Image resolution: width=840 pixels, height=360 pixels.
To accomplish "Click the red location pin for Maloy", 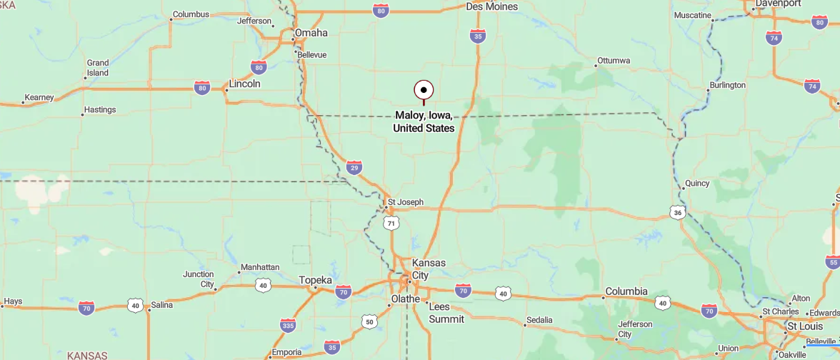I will click(x=424, y=90).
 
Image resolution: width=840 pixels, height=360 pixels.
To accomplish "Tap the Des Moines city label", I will click(x=491, y=6).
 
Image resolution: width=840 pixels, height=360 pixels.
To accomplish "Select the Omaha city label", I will click(x=311, y=33).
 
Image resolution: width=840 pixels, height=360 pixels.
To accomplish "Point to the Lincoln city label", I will click(x=244, y=84).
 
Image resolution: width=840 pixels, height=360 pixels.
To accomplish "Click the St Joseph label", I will click(x=405, y=202).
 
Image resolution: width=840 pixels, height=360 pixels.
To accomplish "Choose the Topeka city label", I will click(x=316, y=280).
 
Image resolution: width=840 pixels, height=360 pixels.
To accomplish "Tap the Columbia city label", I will click(x=626, y=291).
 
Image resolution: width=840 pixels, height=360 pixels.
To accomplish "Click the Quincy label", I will click(x=697, y=184).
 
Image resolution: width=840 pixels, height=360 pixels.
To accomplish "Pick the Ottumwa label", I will click(x=614, y=61).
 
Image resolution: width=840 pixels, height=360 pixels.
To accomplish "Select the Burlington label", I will click(x=727, y=85).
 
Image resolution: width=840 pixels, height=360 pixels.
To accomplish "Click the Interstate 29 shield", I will click(x=354, y=167).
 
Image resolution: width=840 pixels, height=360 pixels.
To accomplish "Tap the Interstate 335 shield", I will click(x=288, y=325).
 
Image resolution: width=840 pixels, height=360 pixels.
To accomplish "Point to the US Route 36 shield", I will click(x=678, y=212).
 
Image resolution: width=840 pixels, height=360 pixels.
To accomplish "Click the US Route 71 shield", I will click(x=390, y=224).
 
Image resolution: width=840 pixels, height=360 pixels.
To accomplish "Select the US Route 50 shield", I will click(x=369, y=321).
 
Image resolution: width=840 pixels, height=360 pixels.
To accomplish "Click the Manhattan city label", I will click(x=260, y=267).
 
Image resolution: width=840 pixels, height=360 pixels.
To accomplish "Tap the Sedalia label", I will click(x=539, y=320).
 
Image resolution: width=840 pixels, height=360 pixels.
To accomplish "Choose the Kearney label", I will click(x=39, y=98).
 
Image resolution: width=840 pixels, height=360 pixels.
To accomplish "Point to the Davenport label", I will click(x=778, y=3).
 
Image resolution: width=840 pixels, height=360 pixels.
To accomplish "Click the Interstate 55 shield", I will click(x=833, y=262).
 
